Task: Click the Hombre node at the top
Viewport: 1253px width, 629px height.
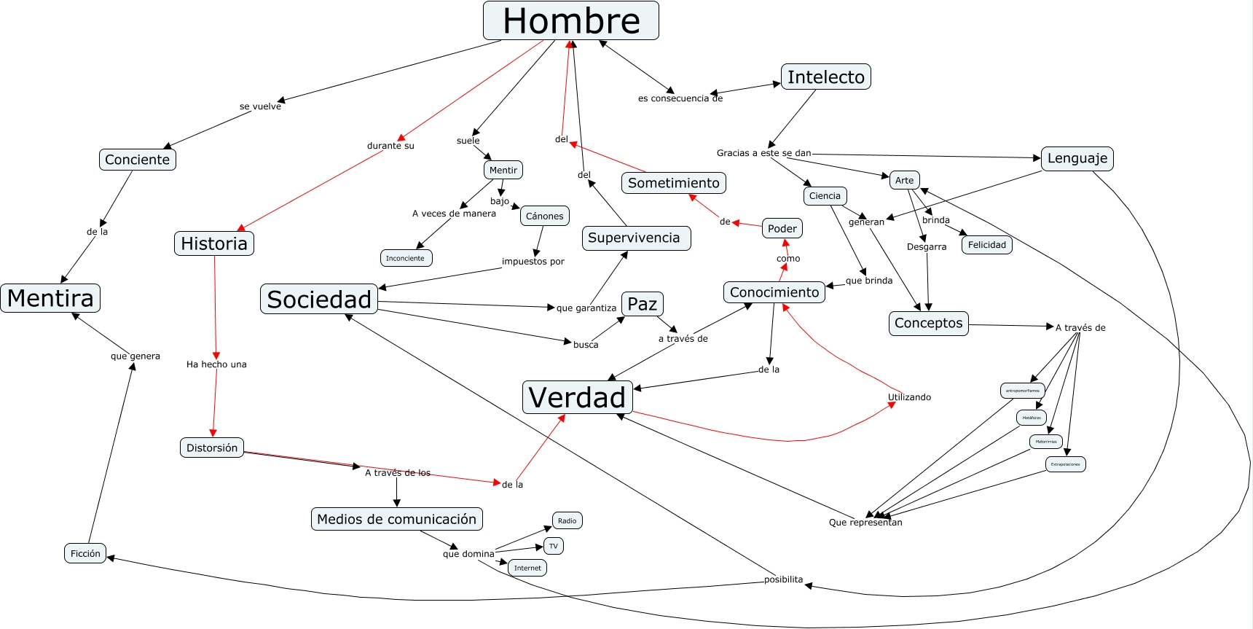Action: pyautogui.click(x=570, y=20)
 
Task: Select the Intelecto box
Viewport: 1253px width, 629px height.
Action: pyautogui.click(x=825, y=77)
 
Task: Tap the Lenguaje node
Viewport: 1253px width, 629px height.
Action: pyautogui.click(x=1077, y=158)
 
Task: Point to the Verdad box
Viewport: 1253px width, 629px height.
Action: pyautogui.click(x=577, y=397)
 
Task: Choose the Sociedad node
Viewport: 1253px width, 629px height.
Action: pyautogui.click(x=319, y=299)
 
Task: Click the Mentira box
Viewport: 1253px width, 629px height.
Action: pyautogui.click(x=50, y=298)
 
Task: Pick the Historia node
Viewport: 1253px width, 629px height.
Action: pyautogui.click(x=214, y=243)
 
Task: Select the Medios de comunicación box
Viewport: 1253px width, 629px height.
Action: pyautogui.click(x=396, y=519)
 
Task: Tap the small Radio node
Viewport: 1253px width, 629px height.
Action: pyautogui.click(x=567, y=520)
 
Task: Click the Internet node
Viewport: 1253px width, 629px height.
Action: pyautogui.click(x=527, y=568)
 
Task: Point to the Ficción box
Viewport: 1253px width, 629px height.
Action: pyautogui.click(x=85, y=553)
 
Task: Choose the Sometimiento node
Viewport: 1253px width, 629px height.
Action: pyautogui.click(x=673, y=183)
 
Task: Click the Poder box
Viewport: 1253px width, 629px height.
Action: pyautogui.click(x=782, y=228)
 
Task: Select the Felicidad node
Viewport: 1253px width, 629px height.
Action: pyautogui.click(x=986, y=245)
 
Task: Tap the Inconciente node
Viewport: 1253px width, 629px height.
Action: pyautogui.click(x=405, y=258)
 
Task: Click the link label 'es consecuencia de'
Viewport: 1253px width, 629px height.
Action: pyautogui.click(x=680, y=98)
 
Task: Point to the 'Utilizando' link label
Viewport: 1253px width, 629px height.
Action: pyautogui.click(x=909, y=397)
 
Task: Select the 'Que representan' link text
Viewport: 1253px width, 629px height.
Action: pyautogui.click(x=865, y=523)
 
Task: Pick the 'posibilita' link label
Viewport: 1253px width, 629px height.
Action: pyautogui.click(x=783, y=579)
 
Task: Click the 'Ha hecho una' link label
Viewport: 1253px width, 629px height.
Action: pyautogui.click(x=216, y=364)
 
